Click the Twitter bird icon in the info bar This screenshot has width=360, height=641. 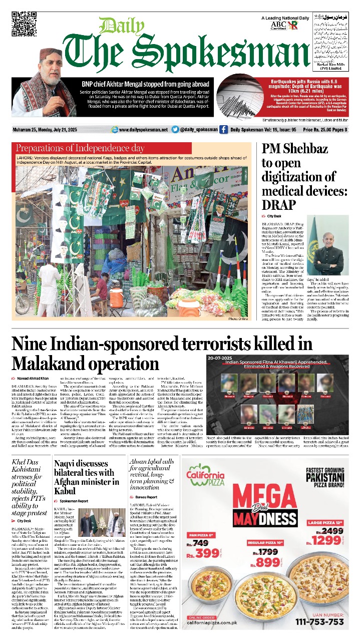pyautogui.click(x=175, y=130)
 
